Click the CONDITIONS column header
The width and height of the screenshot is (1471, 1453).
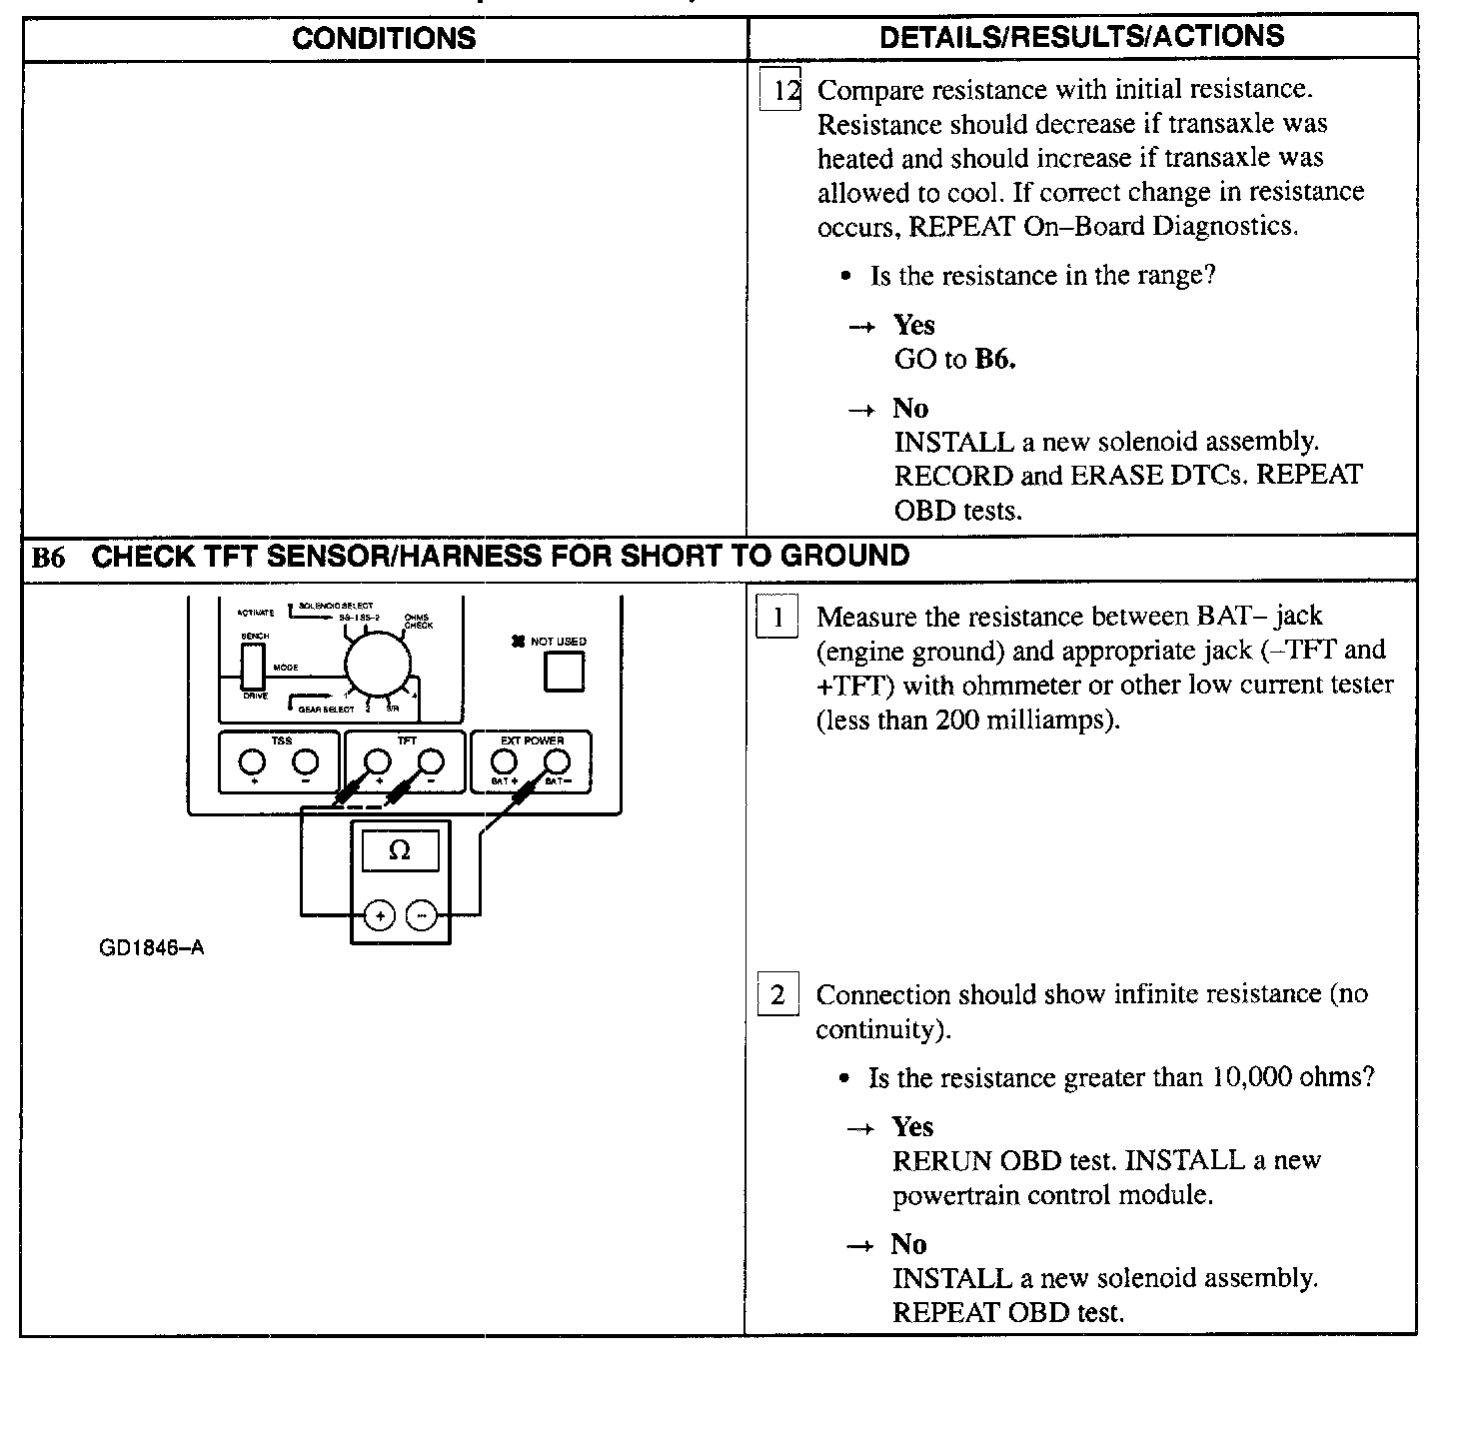384,38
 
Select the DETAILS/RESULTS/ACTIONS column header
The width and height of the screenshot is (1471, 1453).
1081,37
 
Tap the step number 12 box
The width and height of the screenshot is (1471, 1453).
780,91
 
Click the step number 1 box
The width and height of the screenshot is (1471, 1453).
777,618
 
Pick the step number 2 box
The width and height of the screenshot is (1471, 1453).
777,995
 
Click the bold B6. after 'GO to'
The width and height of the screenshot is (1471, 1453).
994,360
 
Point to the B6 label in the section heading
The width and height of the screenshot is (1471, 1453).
48,558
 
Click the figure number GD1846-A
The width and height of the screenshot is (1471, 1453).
151,947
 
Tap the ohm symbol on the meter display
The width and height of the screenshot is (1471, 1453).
399,851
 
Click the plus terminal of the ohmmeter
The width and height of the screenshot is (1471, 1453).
380,914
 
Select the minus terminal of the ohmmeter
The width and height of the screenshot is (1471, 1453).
423,914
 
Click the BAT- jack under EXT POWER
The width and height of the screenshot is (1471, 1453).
557,763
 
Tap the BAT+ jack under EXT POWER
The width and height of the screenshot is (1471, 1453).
505,763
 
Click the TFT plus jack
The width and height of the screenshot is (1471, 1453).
377,762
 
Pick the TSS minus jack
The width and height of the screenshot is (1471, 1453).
305,762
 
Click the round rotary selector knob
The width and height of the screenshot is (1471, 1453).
379,661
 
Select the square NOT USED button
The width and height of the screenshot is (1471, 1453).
564,671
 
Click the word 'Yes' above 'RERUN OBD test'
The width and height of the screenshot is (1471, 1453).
912,1127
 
